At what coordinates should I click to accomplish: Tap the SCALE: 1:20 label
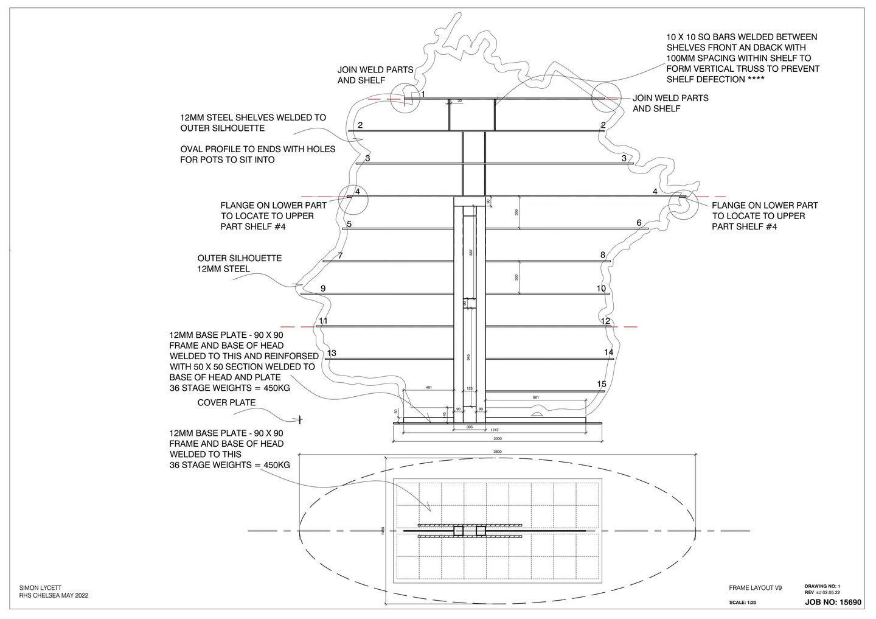click(x=743, y=603)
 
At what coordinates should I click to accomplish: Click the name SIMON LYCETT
click(x=41, y=588)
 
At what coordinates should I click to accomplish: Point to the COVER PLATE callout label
click(x=226, y=403)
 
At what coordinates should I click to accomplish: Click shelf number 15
click(x=602, y=384)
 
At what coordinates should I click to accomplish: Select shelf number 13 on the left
click(x=332, y=353)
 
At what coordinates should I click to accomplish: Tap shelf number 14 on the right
click(x=608, y=352)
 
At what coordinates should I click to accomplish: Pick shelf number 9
click(x=323, y=288)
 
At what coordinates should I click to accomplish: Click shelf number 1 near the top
click(x=423, y=94)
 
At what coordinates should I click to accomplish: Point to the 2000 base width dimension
click(x=498, y=438)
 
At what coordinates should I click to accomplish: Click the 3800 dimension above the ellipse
click(x=498, y=452)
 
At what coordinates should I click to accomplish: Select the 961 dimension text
click(x=535, y=397)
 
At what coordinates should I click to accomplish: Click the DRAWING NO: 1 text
click(x=822, y=586)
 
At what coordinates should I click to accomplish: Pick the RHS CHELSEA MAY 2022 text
click(x=54, y=596)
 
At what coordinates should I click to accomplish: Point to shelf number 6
click(x=639, y=223)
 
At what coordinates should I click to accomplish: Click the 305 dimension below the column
click(x=469, y=427)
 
